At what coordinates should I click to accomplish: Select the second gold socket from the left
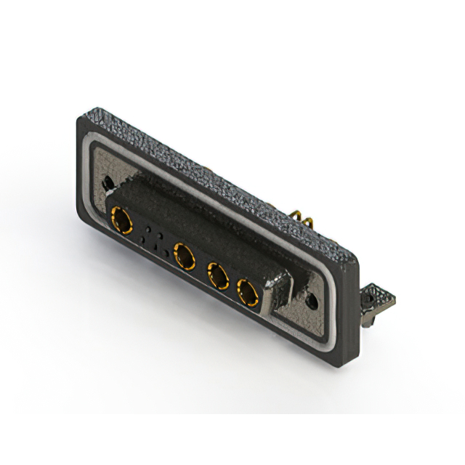tap(185, 256)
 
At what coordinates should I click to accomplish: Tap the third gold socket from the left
tap(217, 275)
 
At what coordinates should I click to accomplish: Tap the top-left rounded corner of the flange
tap(81, 119)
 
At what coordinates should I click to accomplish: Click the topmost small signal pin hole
tap(150, 228)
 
